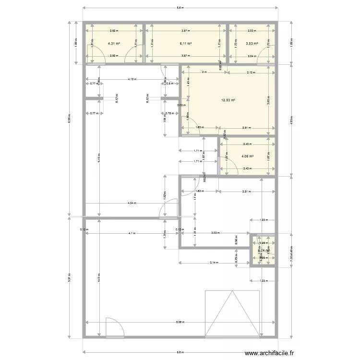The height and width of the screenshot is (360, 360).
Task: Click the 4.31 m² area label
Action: pyautogui.click(x=114, y=44)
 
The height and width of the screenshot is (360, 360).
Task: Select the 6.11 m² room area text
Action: pyautogui.click(x=186, y=44)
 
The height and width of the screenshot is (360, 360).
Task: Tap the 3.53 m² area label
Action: pyautogui.click(x=252, y=44)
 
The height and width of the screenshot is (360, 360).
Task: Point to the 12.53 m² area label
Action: pyautogui.click(x=228, y=100)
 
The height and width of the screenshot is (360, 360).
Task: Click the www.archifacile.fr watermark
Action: pyautogui.click(x=269, y=354)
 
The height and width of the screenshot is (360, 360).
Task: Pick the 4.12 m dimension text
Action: pyautogui.click(x=131, y=79)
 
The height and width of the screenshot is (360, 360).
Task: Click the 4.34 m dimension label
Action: pyautogui.click(x=131, y=203)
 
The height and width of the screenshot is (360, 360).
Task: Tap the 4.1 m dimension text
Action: pyautogui.click(x=131, y=233)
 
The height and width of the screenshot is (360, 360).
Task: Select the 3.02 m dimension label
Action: pyautogui.click(x=215, y=233)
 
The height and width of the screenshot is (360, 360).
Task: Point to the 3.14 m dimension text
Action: pyautogui.click(x=213, y=263)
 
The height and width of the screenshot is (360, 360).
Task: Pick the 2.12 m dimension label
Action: pyautogui.click(x=251, y=72)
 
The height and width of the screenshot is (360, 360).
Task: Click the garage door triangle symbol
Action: pyautogui.click(x=232, y=312)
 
